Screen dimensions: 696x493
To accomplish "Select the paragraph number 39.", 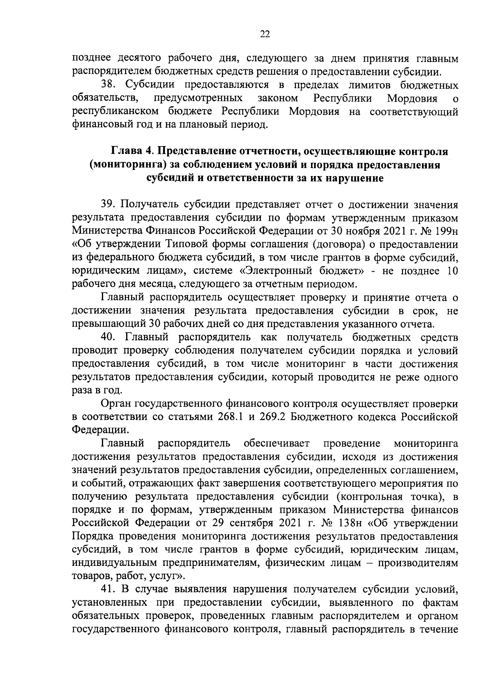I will tap(109, 204).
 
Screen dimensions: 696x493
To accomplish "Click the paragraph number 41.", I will tap(109, 589).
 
